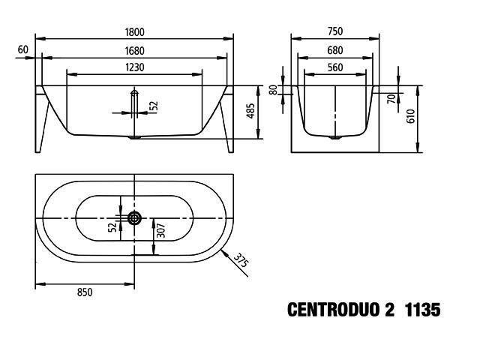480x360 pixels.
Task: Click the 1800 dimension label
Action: click(x=134, y=32)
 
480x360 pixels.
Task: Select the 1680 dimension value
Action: click(x=134, y=51)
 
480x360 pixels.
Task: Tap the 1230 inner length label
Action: click(x=135, y=67)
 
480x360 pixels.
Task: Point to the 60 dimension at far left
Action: click(x=23, y=49)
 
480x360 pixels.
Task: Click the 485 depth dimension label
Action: click(x=250, y=111)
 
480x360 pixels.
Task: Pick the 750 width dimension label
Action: click(x=335, y=31)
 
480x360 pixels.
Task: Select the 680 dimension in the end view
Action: click(x=335, y=50)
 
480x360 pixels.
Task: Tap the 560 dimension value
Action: click(x=335, y=67)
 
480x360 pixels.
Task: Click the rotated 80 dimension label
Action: click(x=273, y=90)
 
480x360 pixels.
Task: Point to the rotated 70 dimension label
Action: click(x=391, y=98)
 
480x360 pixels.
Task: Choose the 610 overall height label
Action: click(x=410, y=116)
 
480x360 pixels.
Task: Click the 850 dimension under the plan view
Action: click(x=85, y=292)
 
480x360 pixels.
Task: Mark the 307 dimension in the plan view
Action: click(x=160, y=231)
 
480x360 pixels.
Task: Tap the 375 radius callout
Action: click(x=241, y=260)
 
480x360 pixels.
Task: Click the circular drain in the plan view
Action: click(x=134, y=218)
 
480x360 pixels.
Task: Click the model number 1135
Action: click(x=423, y=310)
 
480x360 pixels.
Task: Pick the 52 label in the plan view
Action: click(x=112, y=226)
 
